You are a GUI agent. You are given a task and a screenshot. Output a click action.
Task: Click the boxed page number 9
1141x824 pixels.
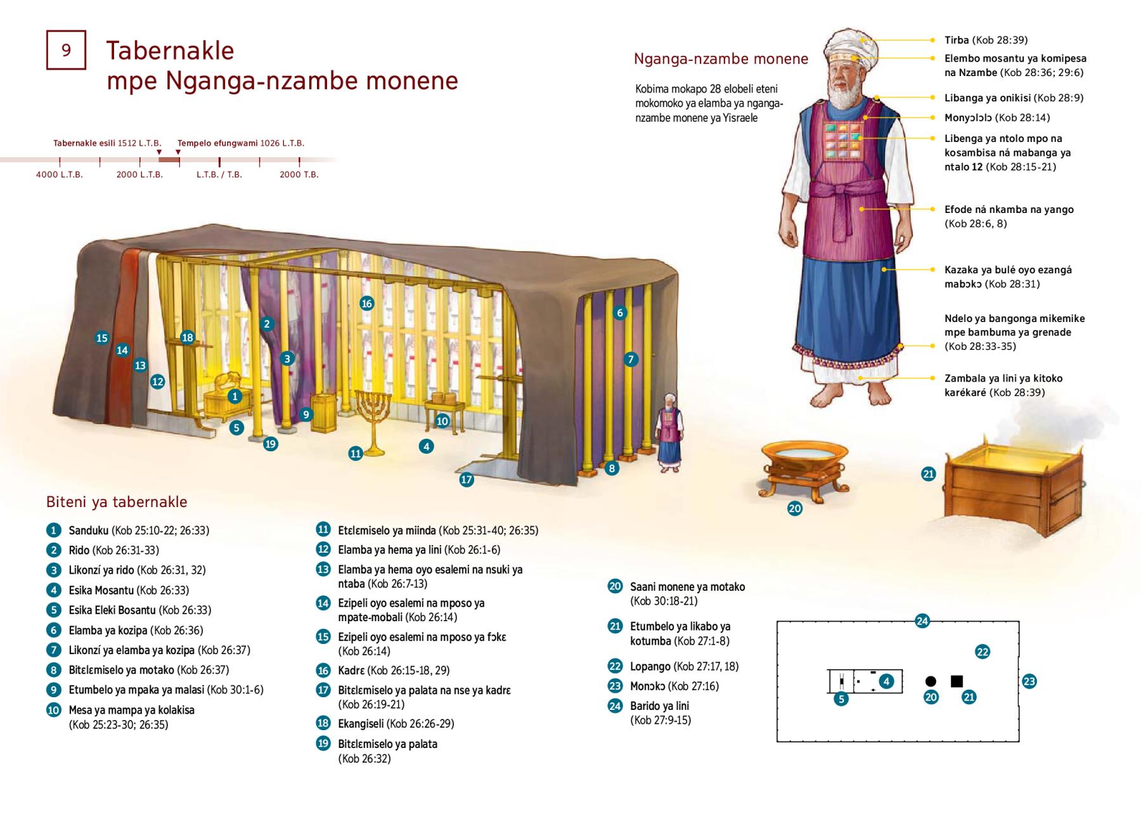tap(66, 50)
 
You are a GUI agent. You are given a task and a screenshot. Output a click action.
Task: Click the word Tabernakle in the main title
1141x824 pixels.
tap(170, 50)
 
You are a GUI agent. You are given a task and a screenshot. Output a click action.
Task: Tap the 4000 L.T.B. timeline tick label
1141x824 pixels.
tap(60, 174)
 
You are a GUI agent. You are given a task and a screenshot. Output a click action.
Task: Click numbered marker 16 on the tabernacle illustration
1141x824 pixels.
tap(366, 304)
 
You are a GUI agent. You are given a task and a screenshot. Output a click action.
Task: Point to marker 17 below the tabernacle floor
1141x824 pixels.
tap(467, 480)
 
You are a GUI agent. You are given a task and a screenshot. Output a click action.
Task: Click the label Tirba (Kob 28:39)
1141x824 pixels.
tap(986, 40)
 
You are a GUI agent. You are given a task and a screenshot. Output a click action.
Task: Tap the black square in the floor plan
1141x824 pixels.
tap(957, 681)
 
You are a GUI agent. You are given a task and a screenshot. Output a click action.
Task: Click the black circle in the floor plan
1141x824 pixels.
tap(931, 681)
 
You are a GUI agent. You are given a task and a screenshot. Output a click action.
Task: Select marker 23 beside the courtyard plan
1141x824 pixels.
tap(1029, 682)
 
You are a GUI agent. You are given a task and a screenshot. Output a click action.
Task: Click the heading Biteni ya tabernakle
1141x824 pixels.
tap(117, 502)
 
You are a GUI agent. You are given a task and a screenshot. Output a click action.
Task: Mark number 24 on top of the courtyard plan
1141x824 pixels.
tap(922, 621)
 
